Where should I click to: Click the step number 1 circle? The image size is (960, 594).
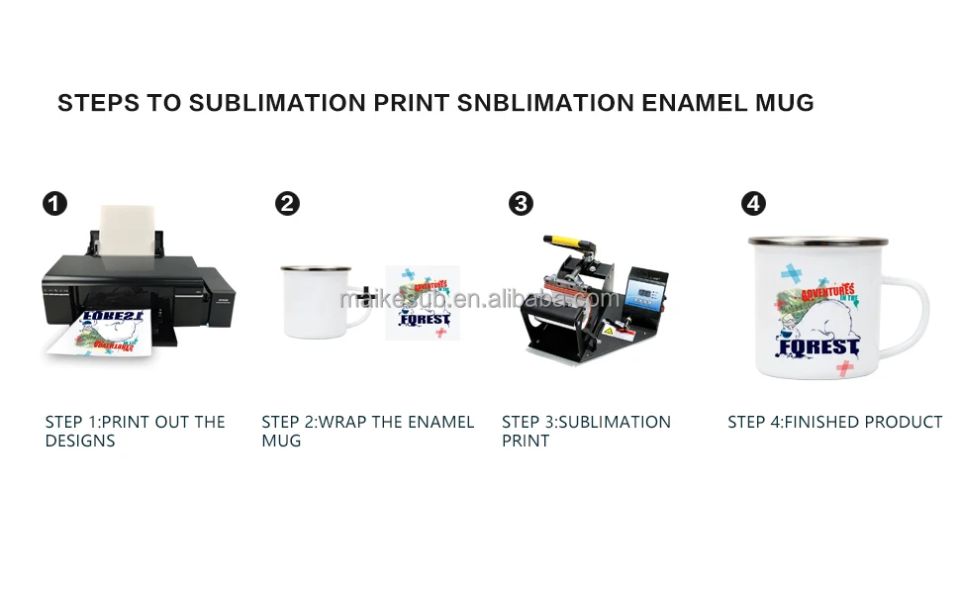(54, 204)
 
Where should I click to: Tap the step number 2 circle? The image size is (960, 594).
(287, 204)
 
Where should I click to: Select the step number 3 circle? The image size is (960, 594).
(521, 204)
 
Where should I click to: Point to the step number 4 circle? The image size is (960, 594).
(754, 204)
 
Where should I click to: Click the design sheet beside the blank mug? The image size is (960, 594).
(423, 302)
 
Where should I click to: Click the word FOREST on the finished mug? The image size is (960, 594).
(818, 347)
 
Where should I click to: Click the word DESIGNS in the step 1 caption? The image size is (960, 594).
(80, 441)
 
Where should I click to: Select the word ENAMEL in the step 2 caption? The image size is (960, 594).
(440, 422)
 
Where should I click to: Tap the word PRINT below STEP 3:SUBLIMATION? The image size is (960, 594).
(526, 441)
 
